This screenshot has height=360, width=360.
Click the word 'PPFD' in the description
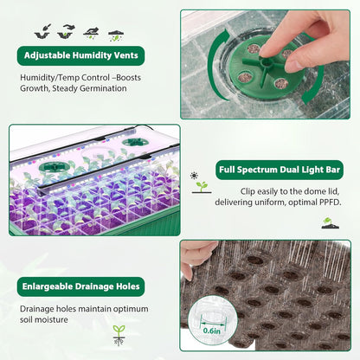(x=325, y=202)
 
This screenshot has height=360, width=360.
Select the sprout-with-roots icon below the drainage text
(x=119, y=333)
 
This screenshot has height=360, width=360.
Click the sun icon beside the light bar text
(x=196, y=175)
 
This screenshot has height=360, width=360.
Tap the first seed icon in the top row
(x=42, y=31)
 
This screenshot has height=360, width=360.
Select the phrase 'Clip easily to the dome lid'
(x=275, y=190)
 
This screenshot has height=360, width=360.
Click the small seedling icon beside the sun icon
(x=202, y=186)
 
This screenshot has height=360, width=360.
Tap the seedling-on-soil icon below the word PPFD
(x=329, y=222)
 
